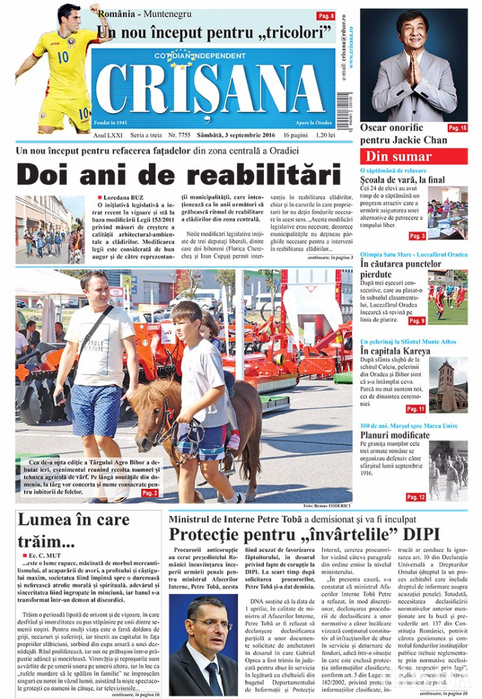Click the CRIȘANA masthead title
click(x=210, y=89)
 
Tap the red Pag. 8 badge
click(x=325, y=16)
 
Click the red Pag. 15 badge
click(x=457, y=128)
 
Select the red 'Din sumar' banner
click(x=413, y=156)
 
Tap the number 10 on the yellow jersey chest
click(x=63, y=56)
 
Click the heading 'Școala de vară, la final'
click(x=402, y=179)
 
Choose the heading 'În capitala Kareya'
click(x=395, y=351)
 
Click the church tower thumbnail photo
click(x=448, y=384)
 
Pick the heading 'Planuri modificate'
click(x=395, y=435)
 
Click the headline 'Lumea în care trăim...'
click(x=73, y=529)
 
